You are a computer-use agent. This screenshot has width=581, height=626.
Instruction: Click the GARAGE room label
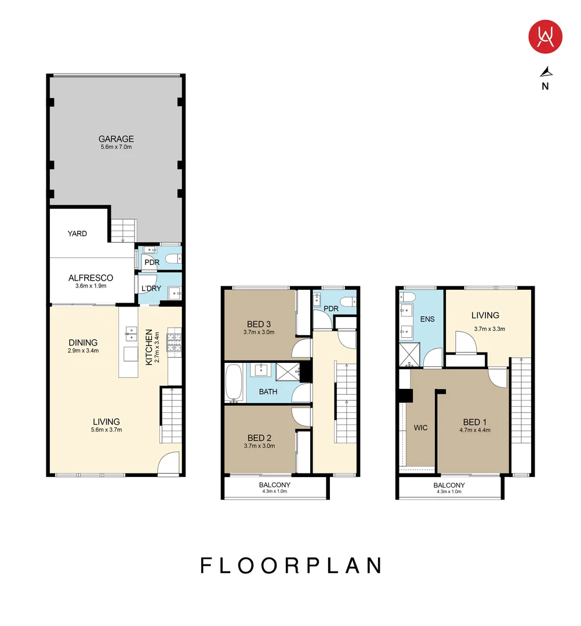116,139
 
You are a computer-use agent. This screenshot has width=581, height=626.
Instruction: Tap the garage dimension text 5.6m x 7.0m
116,147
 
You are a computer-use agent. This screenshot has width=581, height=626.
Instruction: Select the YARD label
77,234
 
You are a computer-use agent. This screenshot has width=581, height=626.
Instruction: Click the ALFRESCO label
90,278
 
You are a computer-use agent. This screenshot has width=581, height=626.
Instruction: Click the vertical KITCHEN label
149,347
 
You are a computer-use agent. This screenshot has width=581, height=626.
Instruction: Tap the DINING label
83,343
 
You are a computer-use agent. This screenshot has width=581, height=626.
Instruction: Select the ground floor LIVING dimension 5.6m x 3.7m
106,430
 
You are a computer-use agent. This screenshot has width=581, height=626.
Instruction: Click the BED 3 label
259,323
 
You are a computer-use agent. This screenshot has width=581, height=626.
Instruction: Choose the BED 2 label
259,438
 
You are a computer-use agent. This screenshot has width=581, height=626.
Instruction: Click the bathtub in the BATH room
234,383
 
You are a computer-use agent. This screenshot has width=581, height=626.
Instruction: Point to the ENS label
428,319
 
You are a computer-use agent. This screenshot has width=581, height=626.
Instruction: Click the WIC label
420,428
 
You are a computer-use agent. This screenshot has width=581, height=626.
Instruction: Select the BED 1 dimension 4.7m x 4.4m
475,430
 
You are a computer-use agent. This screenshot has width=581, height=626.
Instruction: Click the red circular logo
545,37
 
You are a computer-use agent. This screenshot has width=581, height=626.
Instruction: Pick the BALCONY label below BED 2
275,485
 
